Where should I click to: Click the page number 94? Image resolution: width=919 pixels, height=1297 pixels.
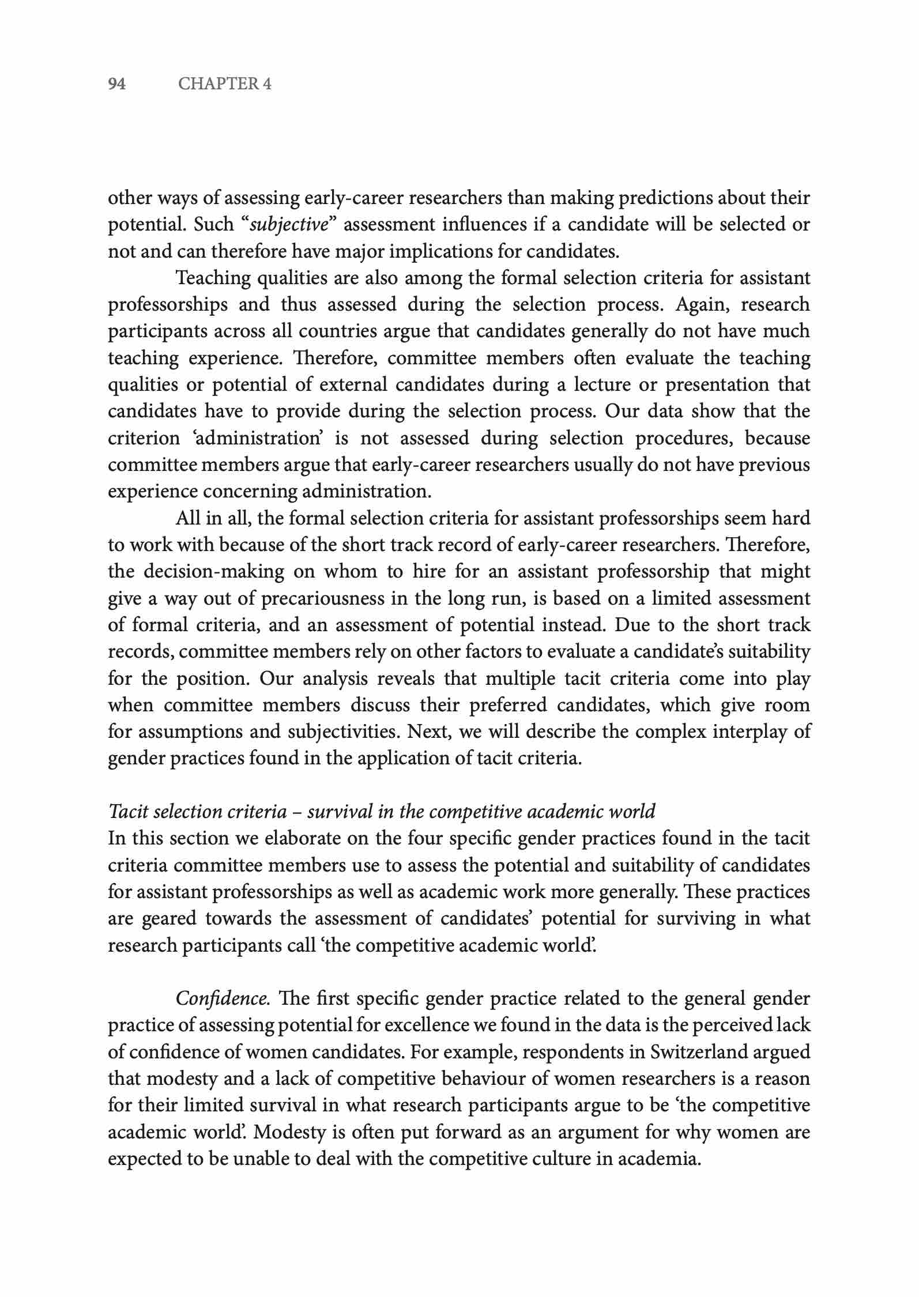pyautogui.click(x=117, y=84)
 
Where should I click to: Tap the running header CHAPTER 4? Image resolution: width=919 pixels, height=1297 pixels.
pyautogui.click(x=225, y=84)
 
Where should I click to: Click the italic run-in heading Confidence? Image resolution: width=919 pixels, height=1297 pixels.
pyautogui.click(x=222, y=998)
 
